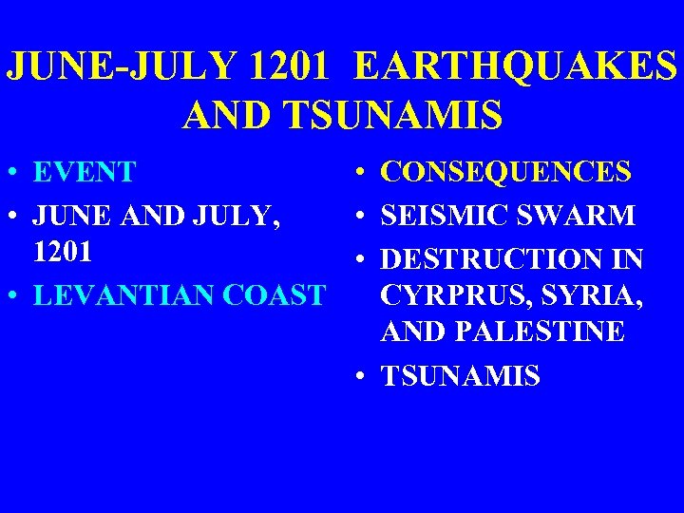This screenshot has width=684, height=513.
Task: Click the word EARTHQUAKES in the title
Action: [x=517, y=65]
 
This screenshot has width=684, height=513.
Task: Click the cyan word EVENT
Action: [x=84, y=173]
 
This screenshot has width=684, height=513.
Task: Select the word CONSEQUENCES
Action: [x=505, y=173]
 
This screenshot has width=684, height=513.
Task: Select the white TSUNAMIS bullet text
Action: [x=461, y=376]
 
